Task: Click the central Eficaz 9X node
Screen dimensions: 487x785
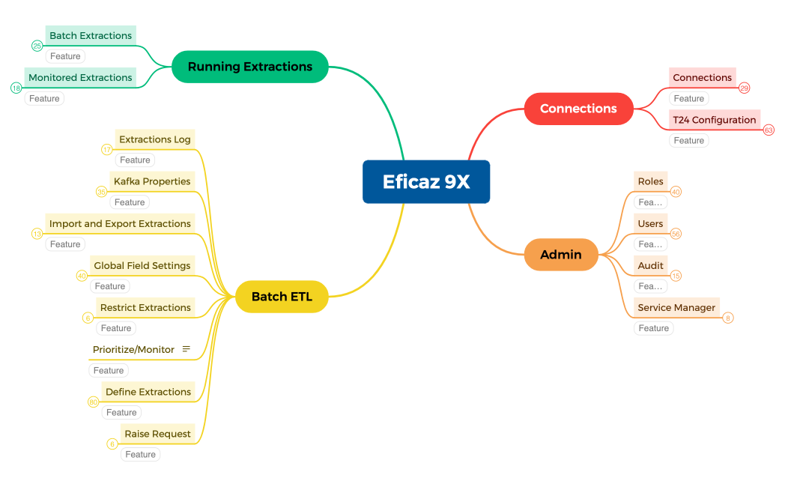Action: coord(426,182)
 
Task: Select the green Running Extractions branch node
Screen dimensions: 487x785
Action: coord(250,67)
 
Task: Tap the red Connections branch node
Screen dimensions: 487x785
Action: coord(578,109)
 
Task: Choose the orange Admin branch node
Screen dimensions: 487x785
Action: coord(561,255)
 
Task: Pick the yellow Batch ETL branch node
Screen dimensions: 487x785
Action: coord(282,297)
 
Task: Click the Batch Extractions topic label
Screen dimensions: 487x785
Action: coord(91,35)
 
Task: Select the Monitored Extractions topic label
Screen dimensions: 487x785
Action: coord(80,77)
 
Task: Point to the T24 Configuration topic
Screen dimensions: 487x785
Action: coord(714,120)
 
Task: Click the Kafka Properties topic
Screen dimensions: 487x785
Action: coord(152,181)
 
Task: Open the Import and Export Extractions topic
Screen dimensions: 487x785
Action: coord(120,223)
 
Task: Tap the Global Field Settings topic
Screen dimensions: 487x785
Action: coord(142,265)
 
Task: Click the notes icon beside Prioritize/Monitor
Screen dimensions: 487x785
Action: coord(187,349)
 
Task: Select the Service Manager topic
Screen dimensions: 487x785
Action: coord(676,307)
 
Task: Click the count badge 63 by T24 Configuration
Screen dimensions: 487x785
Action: coord(769,130)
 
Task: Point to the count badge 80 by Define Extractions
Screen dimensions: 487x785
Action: coord(94,402)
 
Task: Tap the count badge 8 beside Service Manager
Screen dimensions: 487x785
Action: coord(728,318)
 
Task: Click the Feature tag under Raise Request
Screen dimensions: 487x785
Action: coord(140,454)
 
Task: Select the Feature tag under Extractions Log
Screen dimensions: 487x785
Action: coord(135,160)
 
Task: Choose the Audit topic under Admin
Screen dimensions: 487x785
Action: coord(650,265)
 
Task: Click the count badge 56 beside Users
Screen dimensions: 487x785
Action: coord(676,234)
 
